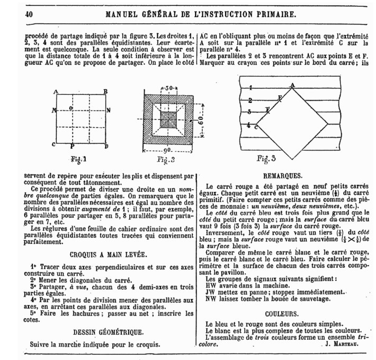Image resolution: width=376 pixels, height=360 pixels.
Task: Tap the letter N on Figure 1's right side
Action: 109,110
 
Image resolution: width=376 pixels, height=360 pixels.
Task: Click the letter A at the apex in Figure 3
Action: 292,85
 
